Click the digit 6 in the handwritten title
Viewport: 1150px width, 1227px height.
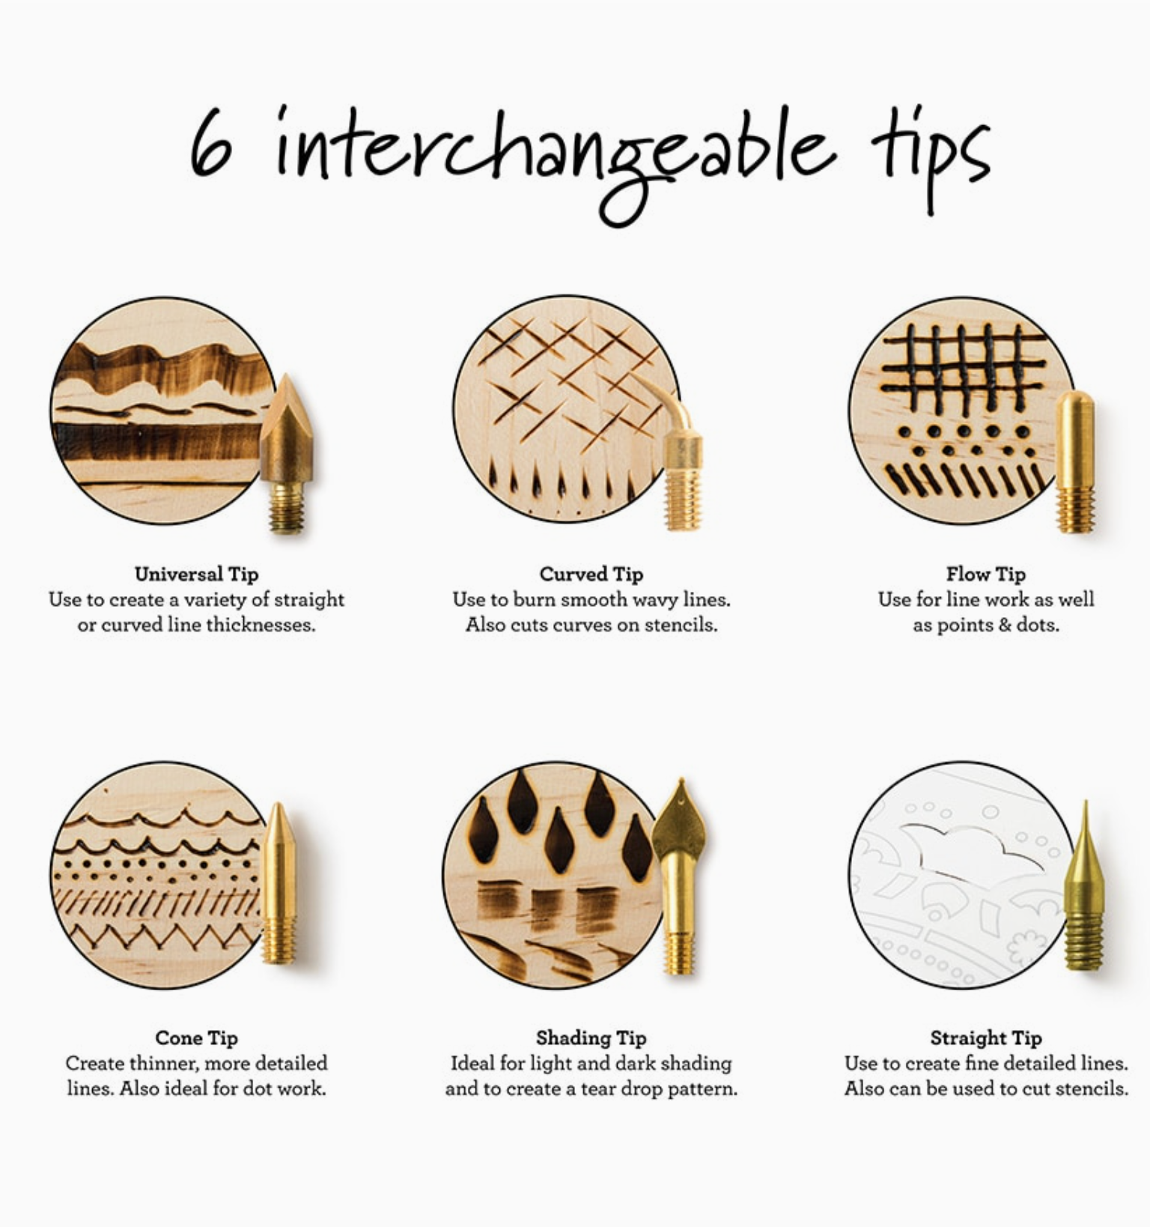210,143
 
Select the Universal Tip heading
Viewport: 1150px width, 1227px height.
196,575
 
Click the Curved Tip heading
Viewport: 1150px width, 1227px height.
591,575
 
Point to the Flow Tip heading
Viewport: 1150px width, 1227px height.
985,575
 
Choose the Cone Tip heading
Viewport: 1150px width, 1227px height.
196,1038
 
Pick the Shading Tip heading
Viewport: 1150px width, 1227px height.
591,1038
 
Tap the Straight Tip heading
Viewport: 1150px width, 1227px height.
985,1038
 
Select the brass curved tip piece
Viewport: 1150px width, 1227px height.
678,457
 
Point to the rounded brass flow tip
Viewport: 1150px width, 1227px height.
1075,461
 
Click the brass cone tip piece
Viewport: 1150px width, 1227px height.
279,884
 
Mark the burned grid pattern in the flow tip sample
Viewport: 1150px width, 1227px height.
964,368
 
